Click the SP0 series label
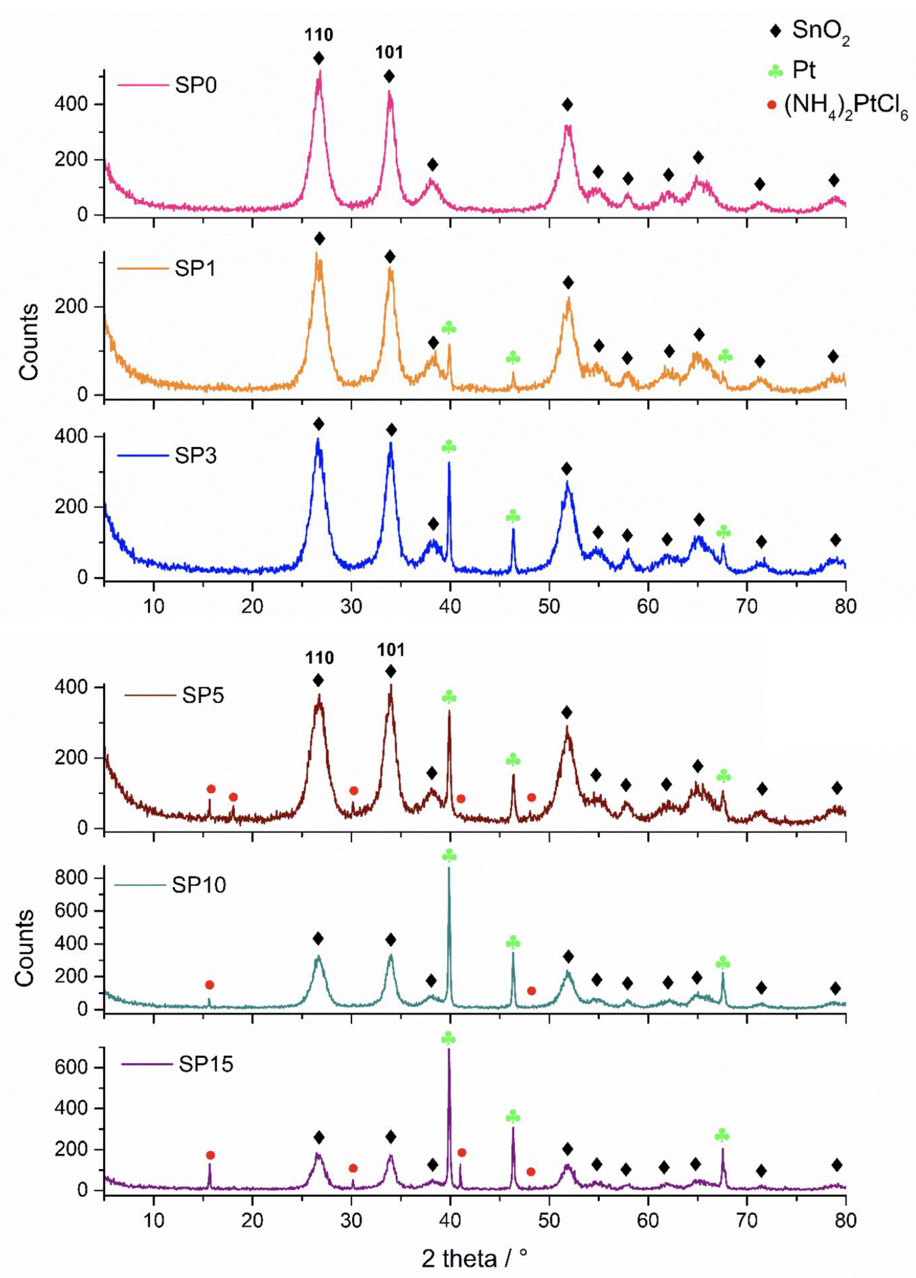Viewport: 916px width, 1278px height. point(196,86)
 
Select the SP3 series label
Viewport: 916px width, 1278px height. point(196,455)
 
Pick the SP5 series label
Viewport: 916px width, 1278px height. point(203,695)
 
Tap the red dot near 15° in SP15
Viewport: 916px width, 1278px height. point(210,1155)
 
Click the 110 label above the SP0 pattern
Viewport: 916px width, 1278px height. point(319,35)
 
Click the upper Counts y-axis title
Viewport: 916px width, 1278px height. point(28,341)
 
